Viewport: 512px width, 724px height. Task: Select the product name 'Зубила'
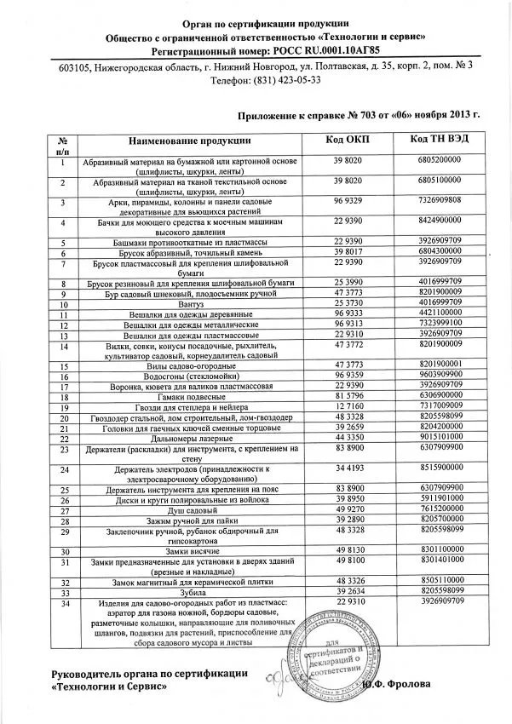190,591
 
